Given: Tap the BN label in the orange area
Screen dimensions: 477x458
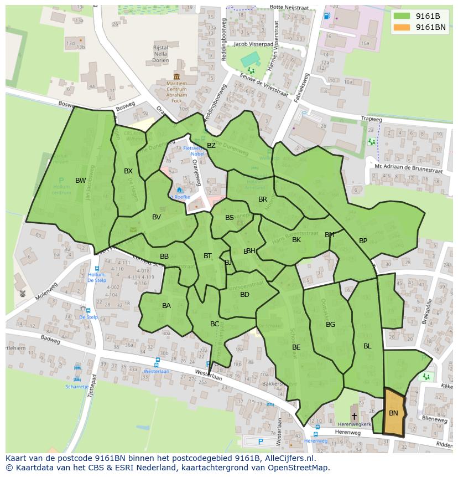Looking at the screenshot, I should point(393,413).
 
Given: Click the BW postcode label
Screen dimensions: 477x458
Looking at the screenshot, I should point(81,181).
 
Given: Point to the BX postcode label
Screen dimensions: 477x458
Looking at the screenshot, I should point(128,171).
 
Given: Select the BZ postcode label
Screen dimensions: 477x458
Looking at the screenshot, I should point(211,146).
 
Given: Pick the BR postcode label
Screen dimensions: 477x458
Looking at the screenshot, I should point(263,199).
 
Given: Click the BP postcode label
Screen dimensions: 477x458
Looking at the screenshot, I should point(363,241).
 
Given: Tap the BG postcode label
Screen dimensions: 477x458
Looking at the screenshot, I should point(330,325).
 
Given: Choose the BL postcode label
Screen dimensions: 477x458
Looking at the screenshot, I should point(367,346).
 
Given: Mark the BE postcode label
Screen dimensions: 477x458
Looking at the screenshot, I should point(296,347).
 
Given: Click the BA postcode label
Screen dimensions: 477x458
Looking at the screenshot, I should point(166,306).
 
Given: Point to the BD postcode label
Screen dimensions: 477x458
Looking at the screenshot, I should point(244,295).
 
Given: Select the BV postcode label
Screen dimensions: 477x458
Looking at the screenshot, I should point(157,217).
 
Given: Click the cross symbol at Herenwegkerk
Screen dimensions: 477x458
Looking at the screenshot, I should point(354,416).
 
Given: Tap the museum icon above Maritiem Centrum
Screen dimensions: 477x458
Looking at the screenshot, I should point(176,76).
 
